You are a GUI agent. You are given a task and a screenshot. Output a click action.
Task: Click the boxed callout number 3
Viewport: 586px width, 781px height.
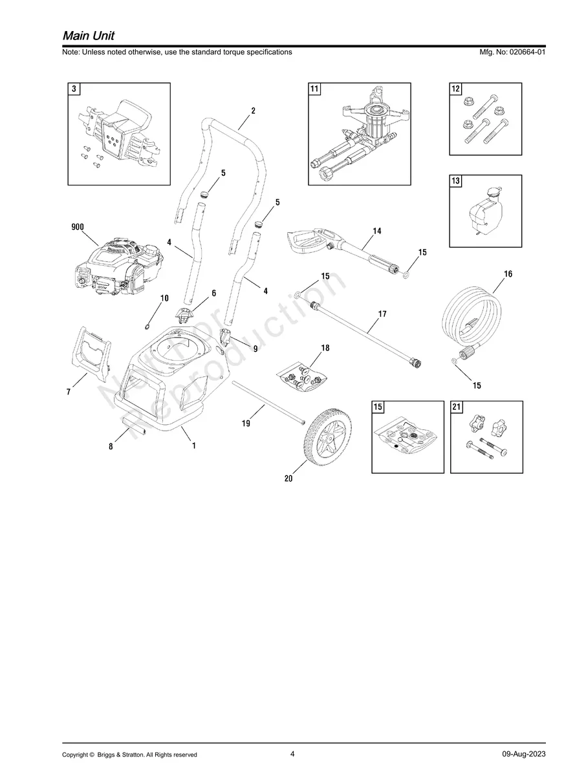pos(75,89)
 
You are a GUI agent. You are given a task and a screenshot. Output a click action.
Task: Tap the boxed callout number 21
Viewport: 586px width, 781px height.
pos(457,407)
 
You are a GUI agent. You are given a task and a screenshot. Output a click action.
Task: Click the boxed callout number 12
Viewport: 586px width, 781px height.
pos(457,89)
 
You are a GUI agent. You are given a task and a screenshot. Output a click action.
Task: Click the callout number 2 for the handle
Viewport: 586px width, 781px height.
pos(253,111)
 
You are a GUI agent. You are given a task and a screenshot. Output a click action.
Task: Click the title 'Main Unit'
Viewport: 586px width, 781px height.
pos(89,35)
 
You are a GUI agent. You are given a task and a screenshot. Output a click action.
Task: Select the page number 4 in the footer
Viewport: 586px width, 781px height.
pos(292,754)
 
